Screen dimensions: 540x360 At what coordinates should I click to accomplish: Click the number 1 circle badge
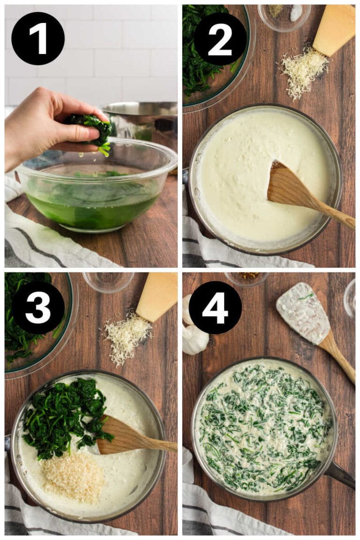[37, 38]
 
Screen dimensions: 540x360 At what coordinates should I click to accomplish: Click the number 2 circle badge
[220, 38]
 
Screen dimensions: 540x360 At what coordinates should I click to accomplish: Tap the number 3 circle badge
[38, 307]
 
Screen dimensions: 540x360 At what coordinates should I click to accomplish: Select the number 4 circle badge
[215, 307]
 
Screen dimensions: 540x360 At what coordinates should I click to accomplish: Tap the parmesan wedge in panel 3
[157, 297]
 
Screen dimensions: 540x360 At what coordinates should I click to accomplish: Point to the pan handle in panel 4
[340, 474]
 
